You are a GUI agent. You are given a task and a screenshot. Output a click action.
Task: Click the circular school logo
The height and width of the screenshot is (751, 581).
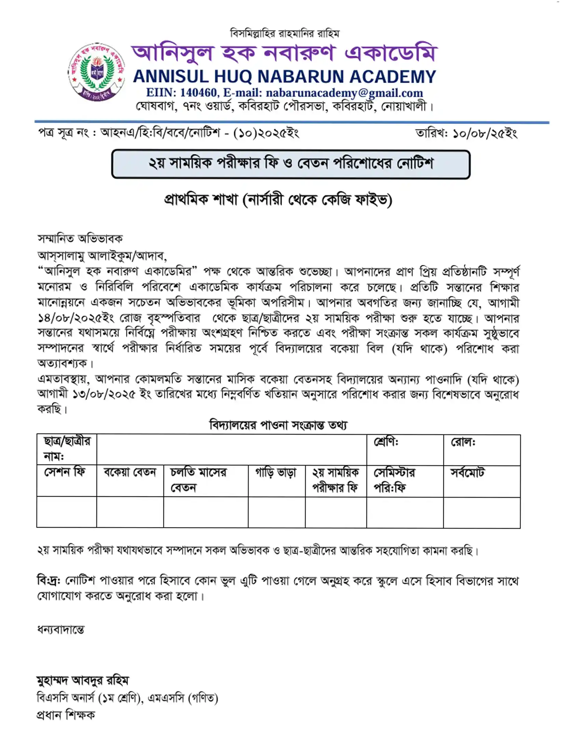point(97,72)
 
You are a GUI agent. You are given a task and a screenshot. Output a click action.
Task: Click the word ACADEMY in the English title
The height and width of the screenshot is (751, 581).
point(393,77)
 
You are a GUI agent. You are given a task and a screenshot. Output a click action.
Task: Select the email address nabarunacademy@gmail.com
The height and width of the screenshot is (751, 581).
point(344,93)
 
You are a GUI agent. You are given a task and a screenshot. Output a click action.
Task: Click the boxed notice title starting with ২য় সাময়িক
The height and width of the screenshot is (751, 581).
point(291,164)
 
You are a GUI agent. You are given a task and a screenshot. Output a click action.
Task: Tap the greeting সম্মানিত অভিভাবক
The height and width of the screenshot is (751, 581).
point(80,239)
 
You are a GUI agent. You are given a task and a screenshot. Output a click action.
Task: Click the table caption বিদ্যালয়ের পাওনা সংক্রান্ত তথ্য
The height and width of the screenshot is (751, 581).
point(278,425)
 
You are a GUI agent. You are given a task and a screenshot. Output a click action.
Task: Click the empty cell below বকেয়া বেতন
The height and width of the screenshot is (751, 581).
point(130,512)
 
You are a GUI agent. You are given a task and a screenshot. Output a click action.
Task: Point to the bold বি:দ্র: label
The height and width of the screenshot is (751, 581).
point(49,580)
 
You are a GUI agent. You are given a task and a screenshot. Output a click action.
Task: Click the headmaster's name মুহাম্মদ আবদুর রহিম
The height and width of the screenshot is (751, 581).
point(83,680)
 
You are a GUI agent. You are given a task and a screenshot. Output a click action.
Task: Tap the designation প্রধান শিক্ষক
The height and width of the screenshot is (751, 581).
point(66,715)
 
